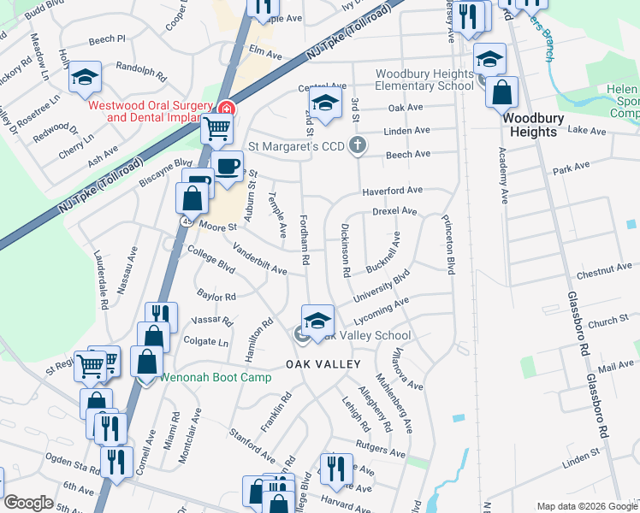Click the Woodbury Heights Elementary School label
pos(424,80)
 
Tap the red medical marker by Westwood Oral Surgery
pos(226,108)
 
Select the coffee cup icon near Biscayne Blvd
pos(227,166)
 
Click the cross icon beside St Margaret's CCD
pos(358,146)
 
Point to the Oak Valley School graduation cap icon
pos(317,321)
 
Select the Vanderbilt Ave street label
pos(260,257)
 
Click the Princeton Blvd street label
pos(447,243)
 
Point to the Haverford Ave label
pos(392,190)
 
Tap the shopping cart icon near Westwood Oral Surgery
pos(217,129)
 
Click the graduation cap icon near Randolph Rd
pos(85,77)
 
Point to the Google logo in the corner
pos(28,503)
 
